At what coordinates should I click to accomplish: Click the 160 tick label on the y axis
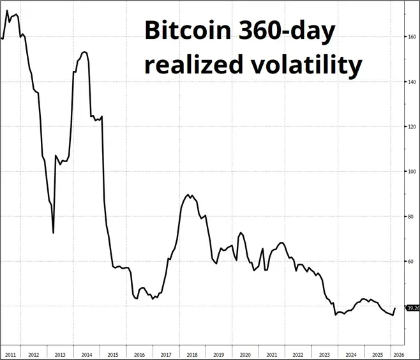[x=412, y=36]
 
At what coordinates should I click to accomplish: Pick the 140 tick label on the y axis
[x=412, y=82]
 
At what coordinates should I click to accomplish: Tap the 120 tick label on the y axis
[x=412, y=126]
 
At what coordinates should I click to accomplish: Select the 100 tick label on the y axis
[x=412, y=171]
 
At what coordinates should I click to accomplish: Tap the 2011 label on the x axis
[x=11, y=354]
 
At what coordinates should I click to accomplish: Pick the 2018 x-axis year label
[x=191, y=354]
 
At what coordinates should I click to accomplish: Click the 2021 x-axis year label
[x=271, y=354]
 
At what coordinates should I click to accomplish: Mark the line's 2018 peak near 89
[x=188, y=195]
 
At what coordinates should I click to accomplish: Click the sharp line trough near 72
[x=53, y=232]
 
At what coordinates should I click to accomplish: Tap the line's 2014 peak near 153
[x=85, y=52]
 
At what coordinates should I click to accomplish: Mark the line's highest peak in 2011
[x=7, y=11]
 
